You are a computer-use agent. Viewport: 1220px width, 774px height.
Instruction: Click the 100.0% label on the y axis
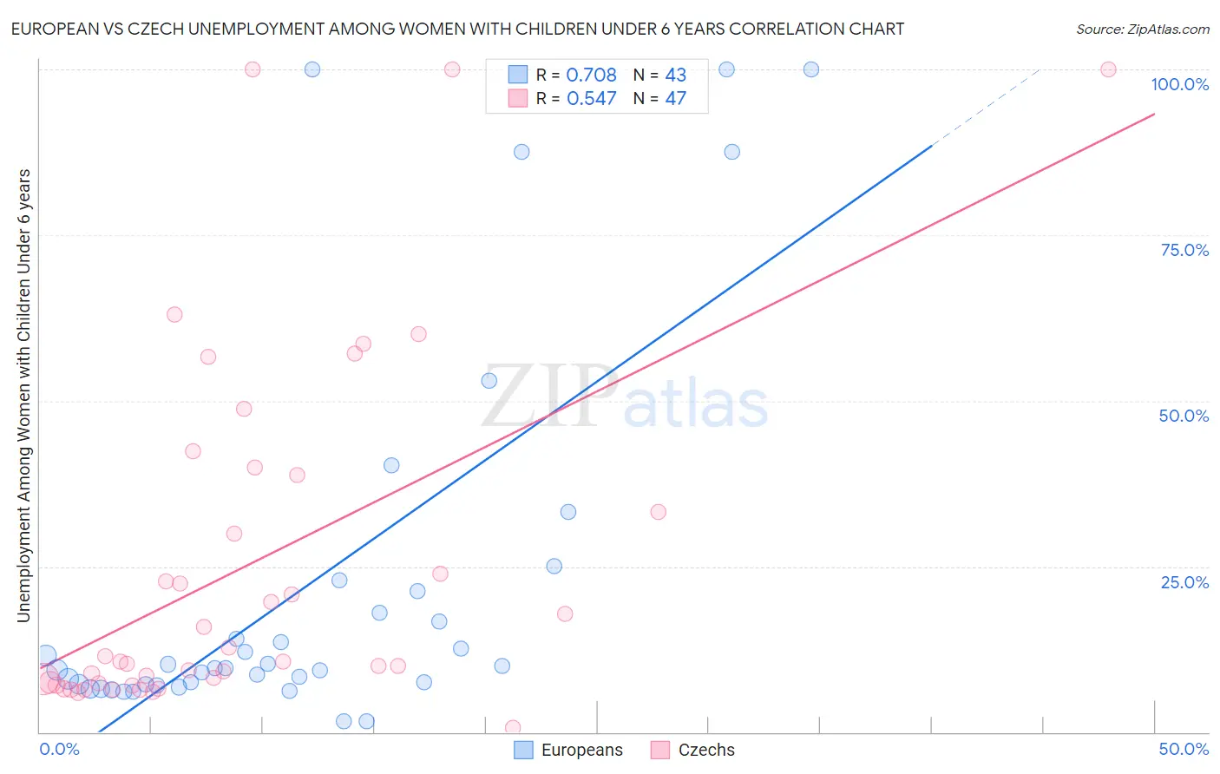[1179, 84]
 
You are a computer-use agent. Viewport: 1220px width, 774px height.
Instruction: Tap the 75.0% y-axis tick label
[1184, 250]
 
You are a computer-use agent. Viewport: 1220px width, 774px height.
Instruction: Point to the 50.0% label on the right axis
[1184, 416]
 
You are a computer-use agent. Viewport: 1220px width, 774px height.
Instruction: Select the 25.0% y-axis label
[1184, 582]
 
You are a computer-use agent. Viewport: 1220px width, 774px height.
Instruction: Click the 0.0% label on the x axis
[59, 749]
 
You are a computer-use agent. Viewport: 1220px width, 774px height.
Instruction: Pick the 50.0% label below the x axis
[1184, 749]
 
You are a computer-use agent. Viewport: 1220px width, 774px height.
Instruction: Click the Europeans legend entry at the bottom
[568, 750]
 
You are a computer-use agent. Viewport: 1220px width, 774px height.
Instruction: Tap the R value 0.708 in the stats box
[591, 75]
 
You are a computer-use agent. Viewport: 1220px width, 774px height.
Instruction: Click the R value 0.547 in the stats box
[591, 99]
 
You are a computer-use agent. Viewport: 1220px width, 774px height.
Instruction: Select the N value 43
[675, 75]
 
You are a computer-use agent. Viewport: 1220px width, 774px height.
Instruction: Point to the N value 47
[675, 99]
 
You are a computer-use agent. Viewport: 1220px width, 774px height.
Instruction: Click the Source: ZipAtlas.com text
[1142, 30]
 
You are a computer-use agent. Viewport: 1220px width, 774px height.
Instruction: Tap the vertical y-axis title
[23, 396]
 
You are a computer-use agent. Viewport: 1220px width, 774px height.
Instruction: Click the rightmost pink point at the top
[1108, 69]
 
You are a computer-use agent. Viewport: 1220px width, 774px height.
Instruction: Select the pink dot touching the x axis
[513, 728]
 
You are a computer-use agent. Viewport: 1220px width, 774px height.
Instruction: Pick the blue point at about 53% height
[489, 381]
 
